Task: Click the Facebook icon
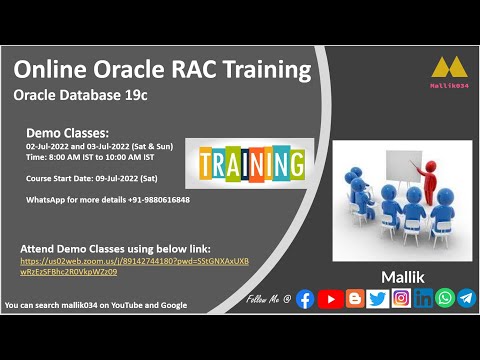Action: [x=305, y=298]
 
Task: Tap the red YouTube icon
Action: [x=330, y=298]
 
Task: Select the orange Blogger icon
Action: [x=354, y=298]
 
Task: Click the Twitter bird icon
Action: [x=377, y=298]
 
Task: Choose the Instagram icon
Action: [x=401, y=298]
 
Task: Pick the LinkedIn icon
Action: [x=423, y=298]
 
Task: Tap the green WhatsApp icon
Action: [x=445, y=298]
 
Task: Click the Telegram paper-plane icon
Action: [x=466, y=298]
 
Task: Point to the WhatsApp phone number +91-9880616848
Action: [x=155, y=200]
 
